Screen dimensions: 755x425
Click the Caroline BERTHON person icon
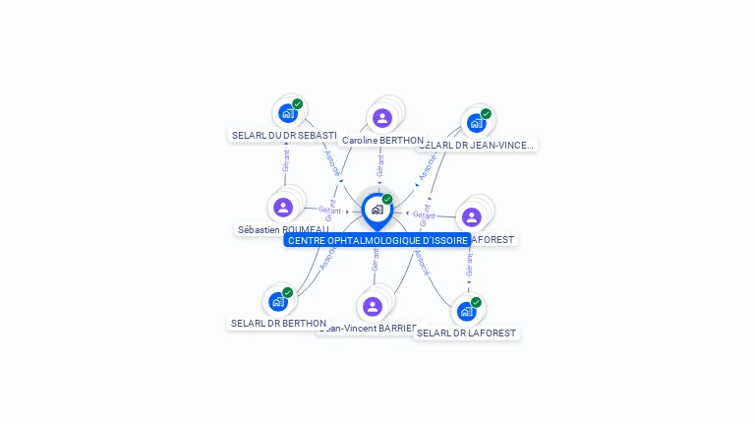(382, 118)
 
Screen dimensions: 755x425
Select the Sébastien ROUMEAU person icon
(283, 208)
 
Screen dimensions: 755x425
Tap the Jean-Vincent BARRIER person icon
(373, 306)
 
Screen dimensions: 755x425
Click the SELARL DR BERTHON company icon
(278, 301)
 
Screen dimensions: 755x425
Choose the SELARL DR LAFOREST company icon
(466, 311)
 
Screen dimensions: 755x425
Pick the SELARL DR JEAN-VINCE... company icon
(476, 123)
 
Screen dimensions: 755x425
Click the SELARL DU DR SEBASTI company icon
(287, 113)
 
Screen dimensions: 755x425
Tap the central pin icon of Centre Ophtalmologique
(377, 210)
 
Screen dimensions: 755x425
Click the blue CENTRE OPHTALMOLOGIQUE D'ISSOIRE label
(377, 240)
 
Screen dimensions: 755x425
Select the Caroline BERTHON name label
(382, 141)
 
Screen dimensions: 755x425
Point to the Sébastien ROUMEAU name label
(283, 229)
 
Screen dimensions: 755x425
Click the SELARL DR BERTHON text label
(278, 323)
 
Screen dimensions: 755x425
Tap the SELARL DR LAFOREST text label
(466, 333)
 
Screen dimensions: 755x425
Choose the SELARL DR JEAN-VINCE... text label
(476, 145)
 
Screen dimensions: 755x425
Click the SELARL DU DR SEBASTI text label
(284, 135)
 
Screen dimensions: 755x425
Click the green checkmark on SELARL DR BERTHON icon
(288, 292)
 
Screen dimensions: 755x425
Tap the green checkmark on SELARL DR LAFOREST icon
(476, 302)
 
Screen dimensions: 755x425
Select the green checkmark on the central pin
(387, 200)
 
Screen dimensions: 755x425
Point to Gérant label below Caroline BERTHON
(379, 165)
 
